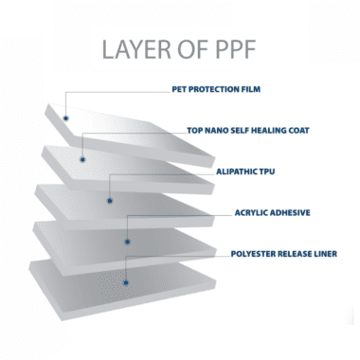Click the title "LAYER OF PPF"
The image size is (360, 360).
point(179,49)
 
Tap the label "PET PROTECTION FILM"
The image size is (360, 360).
point(216,89)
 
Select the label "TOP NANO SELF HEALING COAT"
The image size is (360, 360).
point(248,131)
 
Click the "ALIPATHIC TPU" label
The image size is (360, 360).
point(245,171)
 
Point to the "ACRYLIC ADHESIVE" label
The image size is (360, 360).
point(272,212)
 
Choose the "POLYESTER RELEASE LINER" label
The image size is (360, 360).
point(284,254)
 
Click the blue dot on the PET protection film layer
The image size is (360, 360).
point(65,118)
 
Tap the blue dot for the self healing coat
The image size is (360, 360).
point(82,159)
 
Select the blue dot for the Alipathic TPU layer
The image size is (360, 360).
point(110,201)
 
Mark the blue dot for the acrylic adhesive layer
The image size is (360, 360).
point(127,242)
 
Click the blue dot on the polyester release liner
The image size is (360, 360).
point(126,282)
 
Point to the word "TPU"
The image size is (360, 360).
point(267,171)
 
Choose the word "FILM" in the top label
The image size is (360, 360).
point(251,89)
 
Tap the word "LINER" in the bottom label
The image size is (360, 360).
point(325,254)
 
